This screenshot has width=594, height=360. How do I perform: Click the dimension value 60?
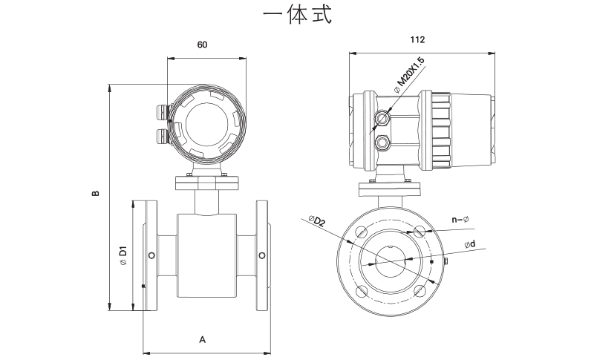(x=202, y=45)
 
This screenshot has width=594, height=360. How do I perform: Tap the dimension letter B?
(x=95, y=194)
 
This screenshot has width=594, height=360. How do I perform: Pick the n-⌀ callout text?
(x=460, y=219)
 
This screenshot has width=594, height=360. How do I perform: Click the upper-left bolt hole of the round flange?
(x=361, y=232)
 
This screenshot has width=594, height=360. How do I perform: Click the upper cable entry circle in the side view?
(x=383, y=118)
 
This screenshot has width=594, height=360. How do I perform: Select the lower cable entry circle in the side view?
(x=383, y=141)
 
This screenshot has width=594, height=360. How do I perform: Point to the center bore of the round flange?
(x=391, y=261)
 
